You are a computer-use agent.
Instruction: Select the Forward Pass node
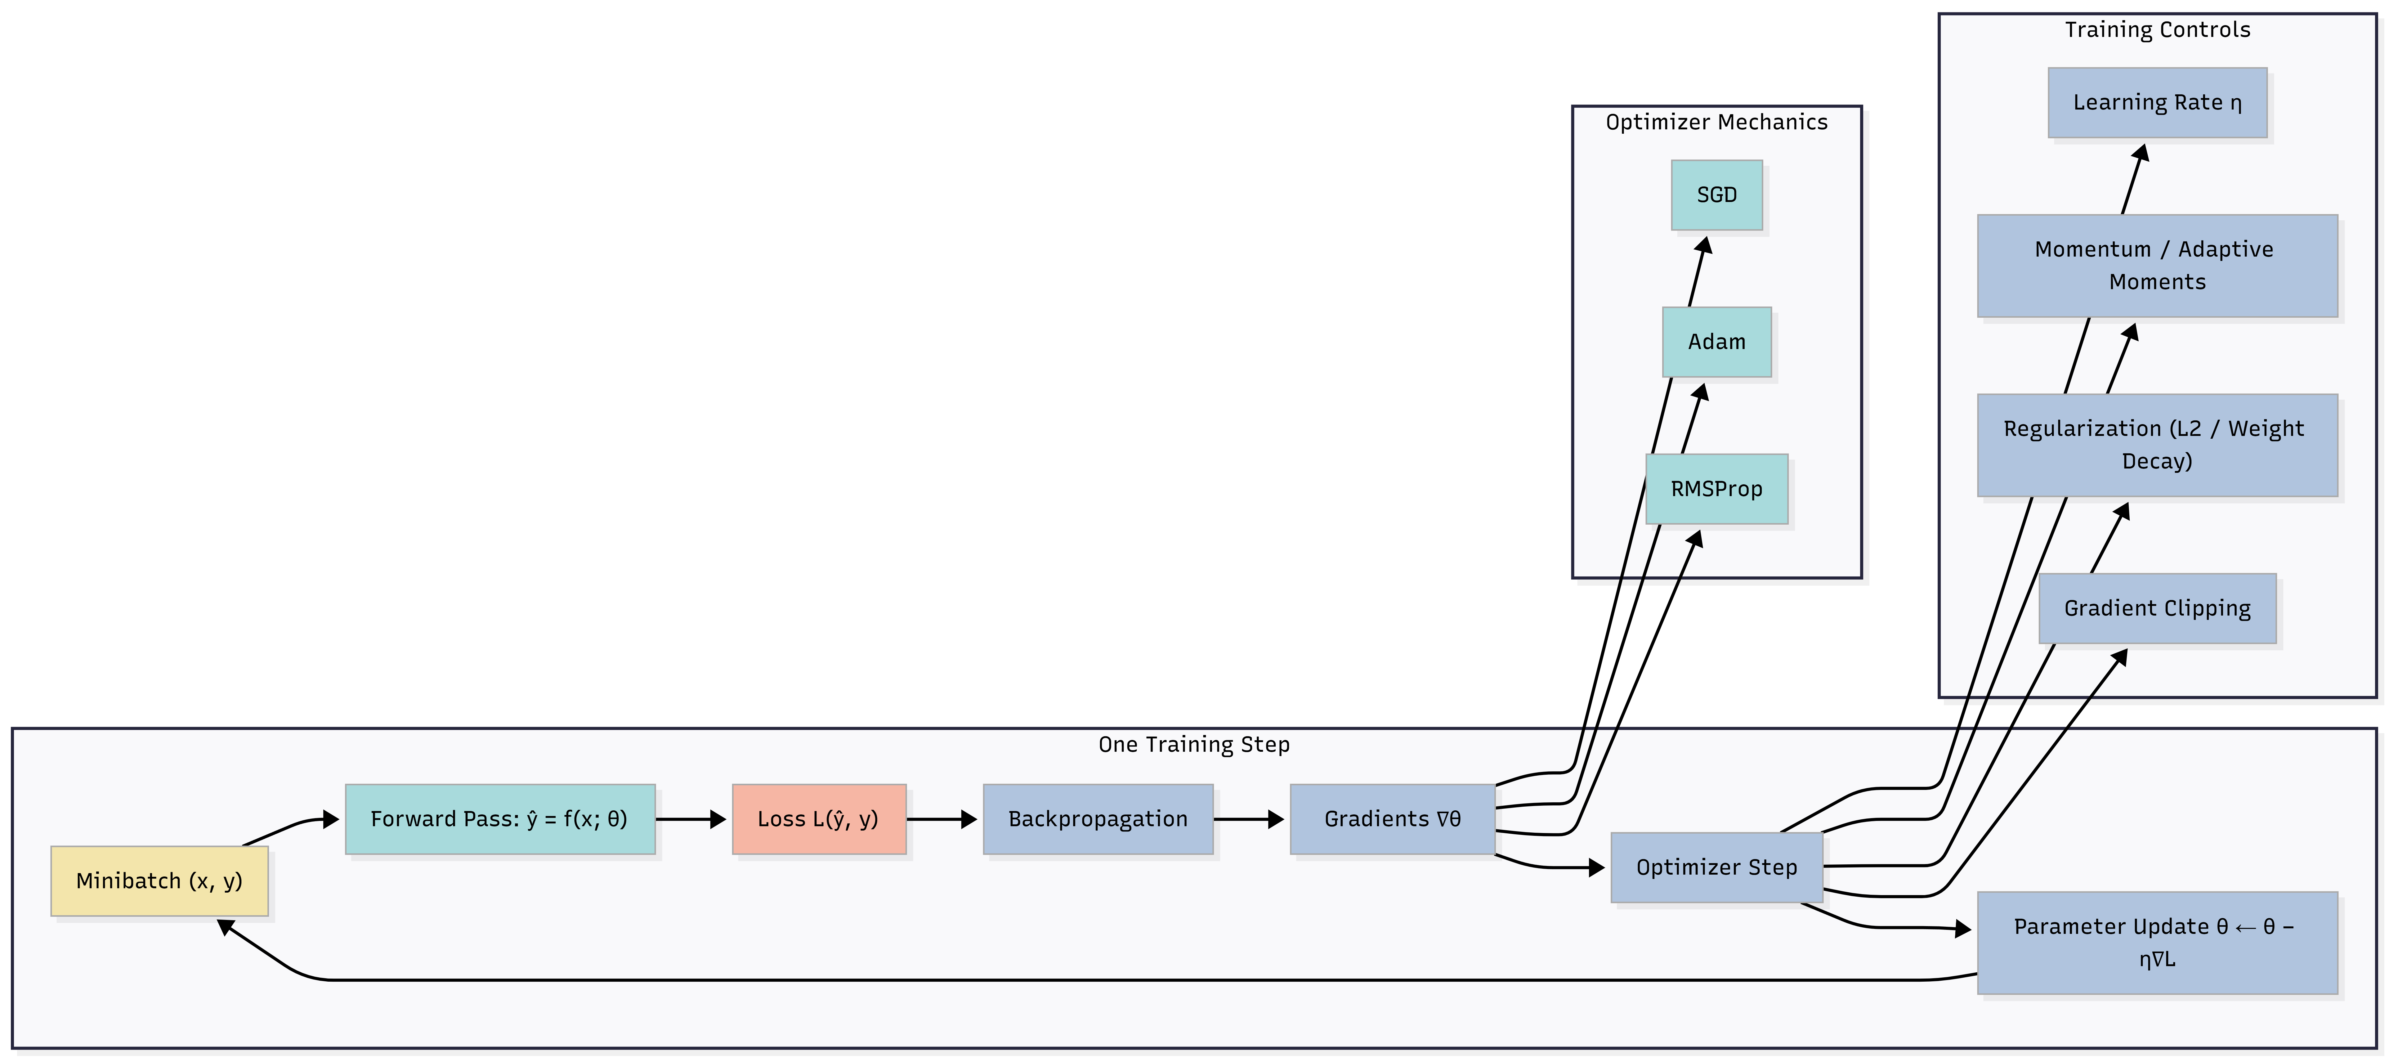click(500, 819)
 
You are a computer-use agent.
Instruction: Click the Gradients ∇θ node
click(1392, 819)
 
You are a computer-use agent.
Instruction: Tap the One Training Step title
click(1194, 745)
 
